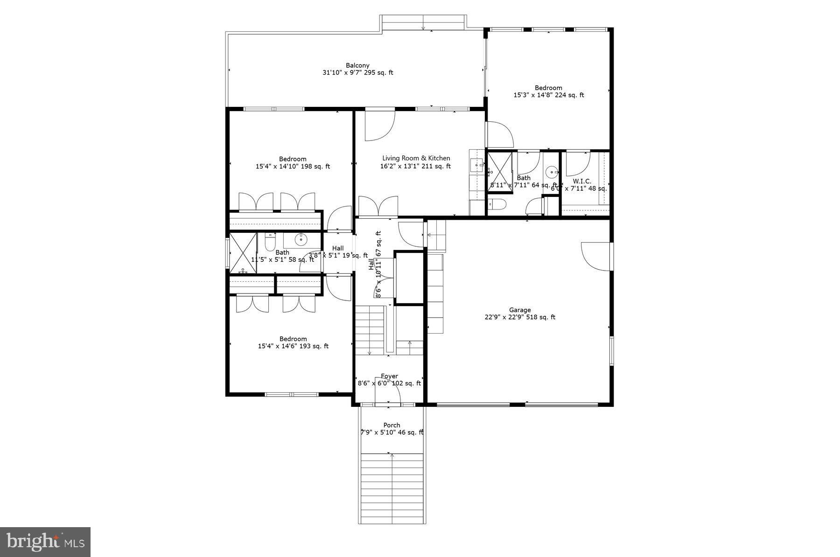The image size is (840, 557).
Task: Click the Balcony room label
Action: click(357, 65)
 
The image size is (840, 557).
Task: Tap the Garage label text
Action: click(520, 310)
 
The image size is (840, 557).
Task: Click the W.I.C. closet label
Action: click(582, 181)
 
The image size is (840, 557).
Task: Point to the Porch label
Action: click(392, 425)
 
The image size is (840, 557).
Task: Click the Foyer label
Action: click(389, 376)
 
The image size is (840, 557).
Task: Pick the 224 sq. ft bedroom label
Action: click(548, 88)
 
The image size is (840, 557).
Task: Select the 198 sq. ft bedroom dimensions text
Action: click(293, 166)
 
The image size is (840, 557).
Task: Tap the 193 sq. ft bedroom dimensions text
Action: click(293, 346)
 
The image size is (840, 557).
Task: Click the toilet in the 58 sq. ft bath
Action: click(270, 243)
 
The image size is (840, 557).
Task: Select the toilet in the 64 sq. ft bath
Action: click(497, 204)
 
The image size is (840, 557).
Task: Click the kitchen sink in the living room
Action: click(476, 164)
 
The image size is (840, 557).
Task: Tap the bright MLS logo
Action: click(45, 542)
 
